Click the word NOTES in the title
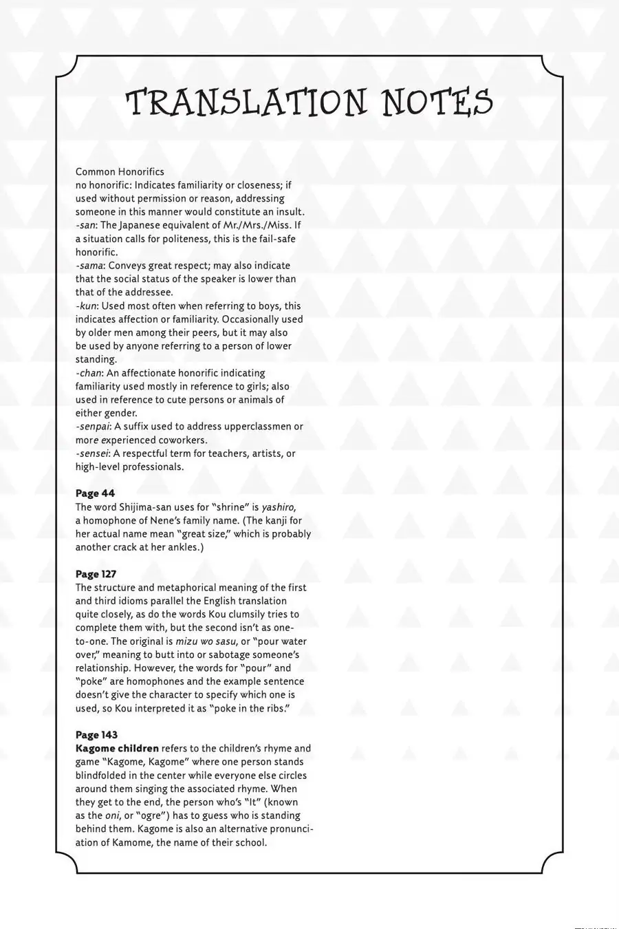tap(437, 102)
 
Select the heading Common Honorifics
tap(120, 171)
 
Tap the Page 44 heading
tap(95, 493)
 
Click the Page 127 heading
tap(96, 574)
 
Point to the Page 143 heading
tap(96, 735)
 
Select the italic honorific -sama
tap(89, 266)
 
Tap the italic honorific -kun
tap(87, 306)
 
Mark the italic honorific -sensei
tap(92, 453)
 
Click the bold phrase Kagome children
tap(117, 749)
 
